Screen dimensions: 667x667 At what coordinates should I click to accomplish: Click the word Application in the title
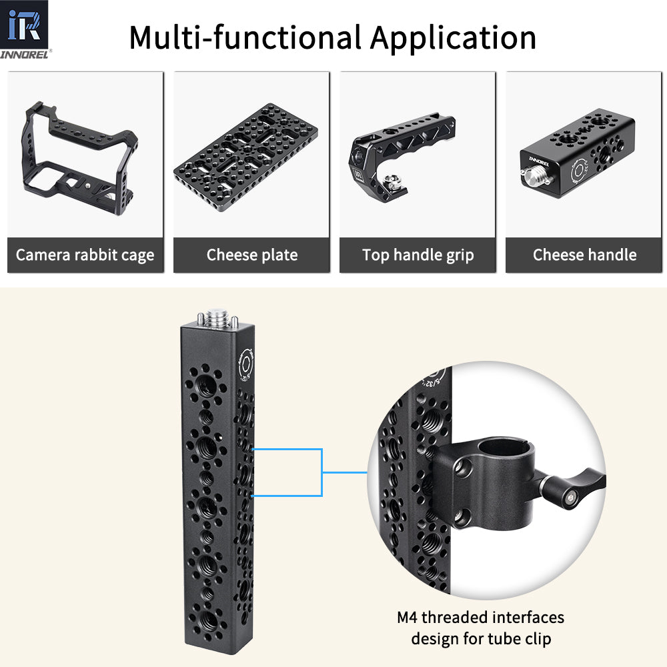[454, 37]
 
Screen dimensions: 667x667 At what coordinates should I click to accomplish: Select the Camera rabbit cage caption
[85, 255]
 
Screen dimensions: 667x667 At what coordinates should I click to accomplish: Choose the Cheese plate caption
[251, 255]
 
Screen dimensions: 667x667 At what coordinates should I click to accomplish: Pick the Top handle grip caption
[418, 255]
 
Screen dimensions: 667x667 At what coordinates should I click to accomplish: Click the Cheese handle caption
[584, 255]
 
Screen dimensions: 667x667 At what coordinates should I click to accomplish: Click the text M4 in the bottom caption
[408, 617]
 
